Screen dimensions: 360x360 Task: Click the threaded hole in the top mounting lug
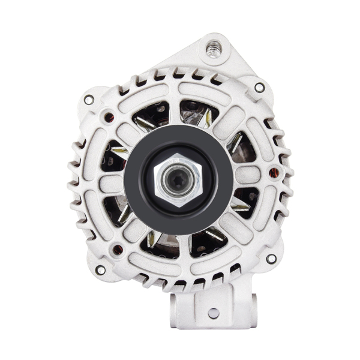click(x=213, y=47)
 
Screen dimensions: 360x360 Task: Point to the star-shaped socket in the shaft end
click(x=178, y=179)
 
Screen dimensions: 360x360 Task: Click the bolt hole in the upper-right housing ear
click(x=259, y=88)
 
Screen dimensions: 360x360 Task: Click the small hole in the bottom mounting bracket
click(x=213, y=313)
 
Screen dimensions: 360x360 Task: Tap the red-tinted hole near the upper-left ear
click(x=108, y=117)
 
